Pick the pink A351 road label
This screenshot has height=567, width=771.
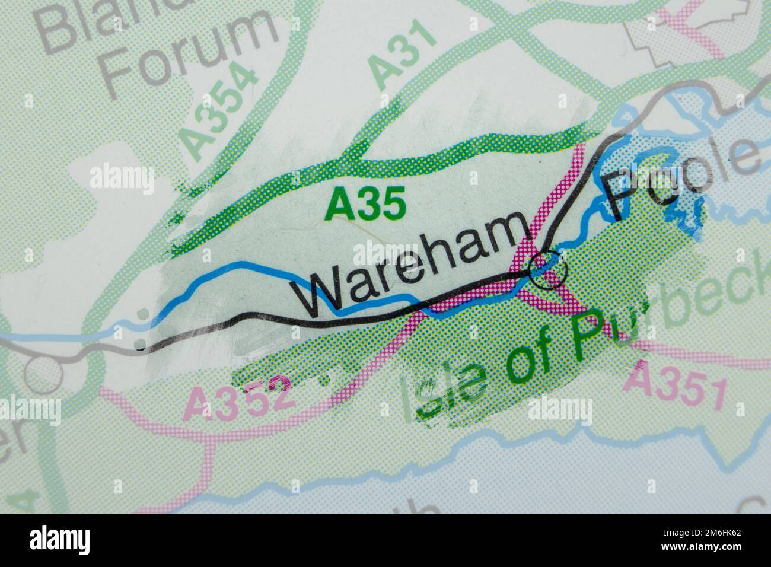pyautogui.click(x=676, y=386)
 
